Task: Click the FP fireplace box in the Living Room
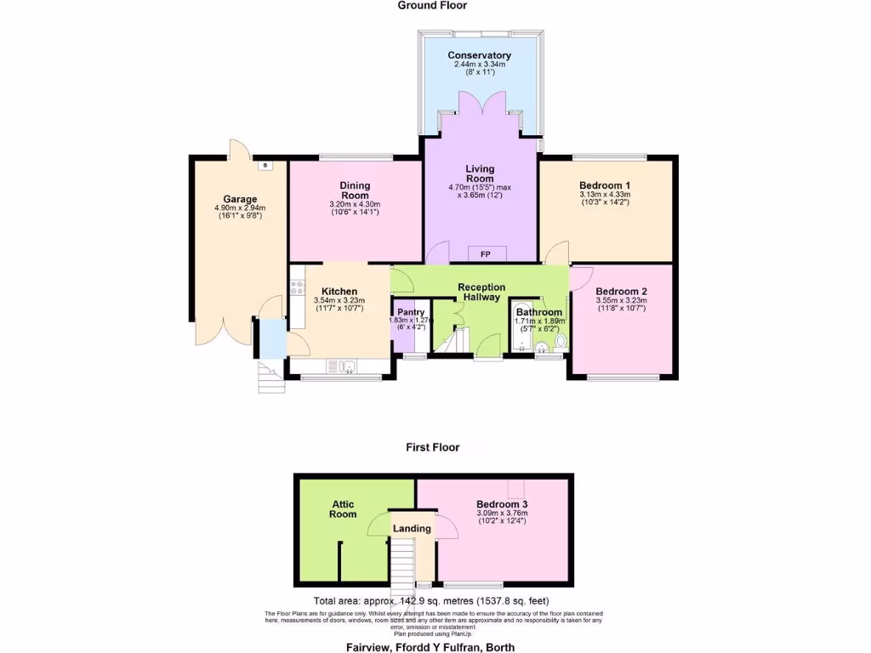[x=486, y=254]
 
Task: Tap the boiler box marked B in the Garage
[x=265, y=165]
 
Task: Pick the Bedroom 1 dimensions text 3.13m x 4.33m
[x=604, y=194]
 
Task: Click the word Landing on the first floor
[x=412, y=529]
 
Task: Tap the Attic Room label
[x=343, y=509]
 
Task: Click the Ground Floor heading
[x=432, y=5]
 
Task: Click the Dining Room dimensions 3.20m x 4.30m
[x=354, y=204]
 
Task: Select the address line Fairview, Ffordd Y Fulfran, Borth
[x=430, y=647]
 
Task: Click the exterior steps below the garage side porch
[x=269, y=375]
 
